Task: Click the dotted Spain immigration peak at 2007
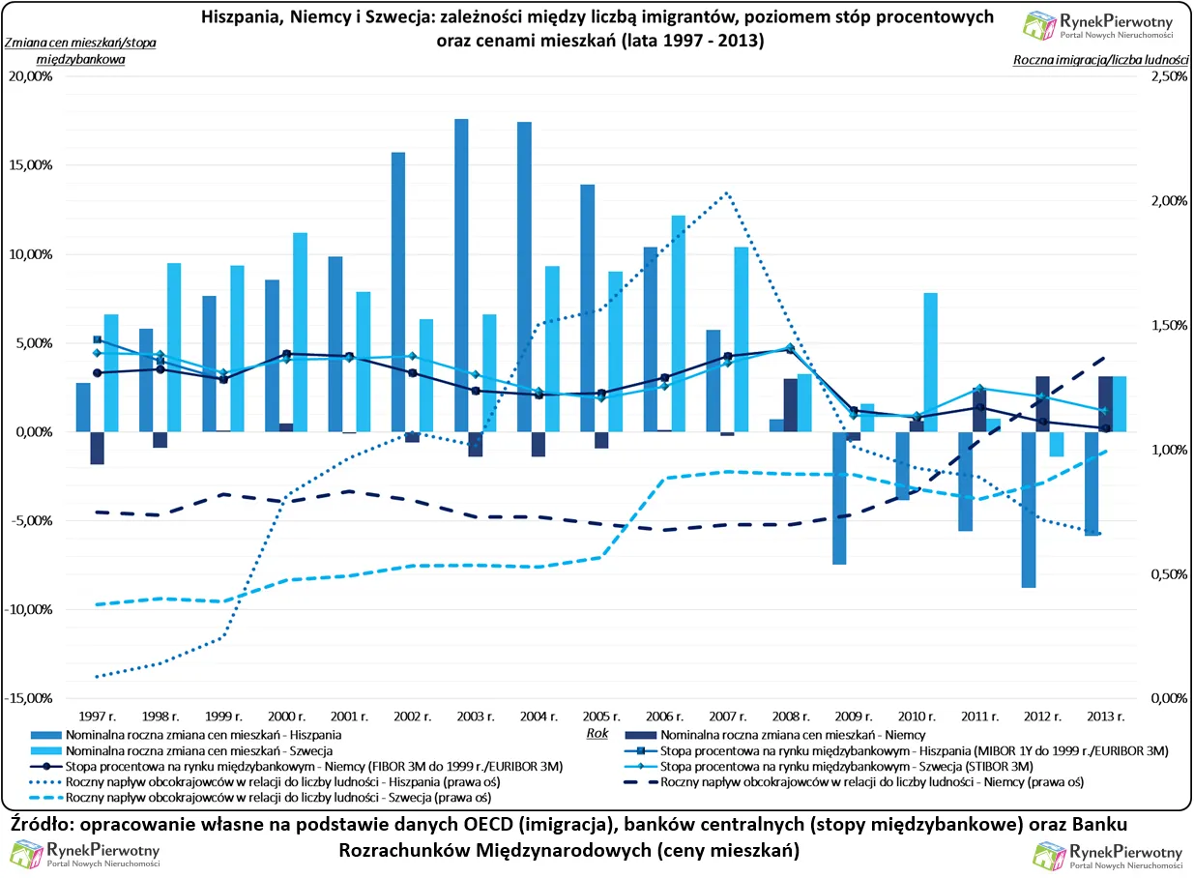(x=726, y=192)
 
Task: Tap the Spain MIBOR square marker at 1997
(x=97, y=339)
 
